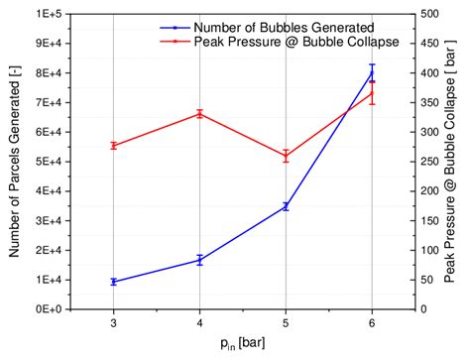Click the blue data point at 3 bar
113,282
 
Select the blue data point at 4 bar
199,260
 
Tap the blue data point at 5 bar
286,206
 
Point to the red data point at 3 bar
113,146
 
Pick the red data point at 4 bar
199,114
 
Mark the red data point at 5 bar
286,156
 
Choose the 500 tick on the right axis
427,14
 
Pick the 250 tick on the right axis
427,162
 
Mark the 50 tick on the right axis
424,280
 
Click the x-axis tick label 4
199,322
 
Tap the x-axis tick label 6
372,322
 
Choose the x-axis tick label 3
113,322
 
